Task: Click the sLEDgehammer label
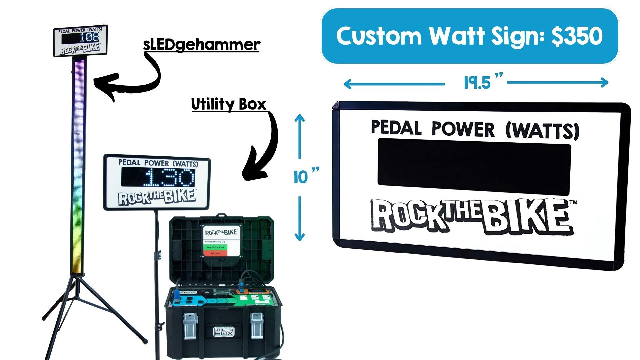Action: [x=201, y=45]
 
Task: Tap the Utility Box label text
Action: [x=229, y=104]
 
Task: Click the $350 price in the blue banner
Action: [x=577, y=36]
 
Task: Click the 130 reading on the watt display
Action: [x=170, y=177]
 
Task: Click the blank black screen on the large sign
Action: [x=474, y=167]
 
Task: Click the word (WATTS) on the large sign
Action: [x=542, y=131]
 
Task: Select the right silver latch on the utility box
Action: [x=257, y=325]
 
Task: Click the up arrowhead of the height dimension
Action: [x=300, y=118]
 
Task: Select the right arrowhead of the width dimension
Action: [x=604, y=82]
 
